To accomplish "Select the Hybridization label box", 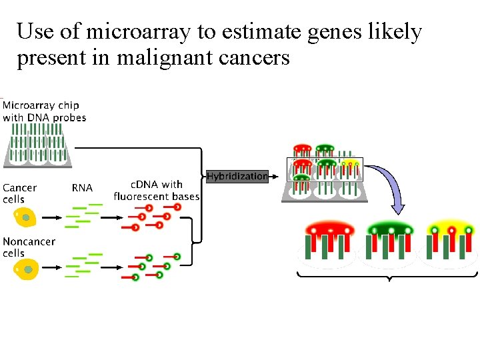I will click(237, 177).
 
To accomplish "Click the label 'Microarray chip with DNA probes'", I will click(44, 111).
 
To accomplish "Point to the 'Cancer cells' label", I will click(19, 193).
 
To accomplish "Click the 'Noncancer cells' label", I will click(29, 247).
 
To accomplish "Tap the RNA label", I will click(82, 188).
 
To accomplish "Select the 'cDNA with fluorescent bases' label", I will click(156, 190).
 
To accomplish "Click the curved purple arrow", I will click(391, 187).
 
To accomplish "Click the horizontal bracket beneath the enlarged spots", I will click(387, 275).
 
